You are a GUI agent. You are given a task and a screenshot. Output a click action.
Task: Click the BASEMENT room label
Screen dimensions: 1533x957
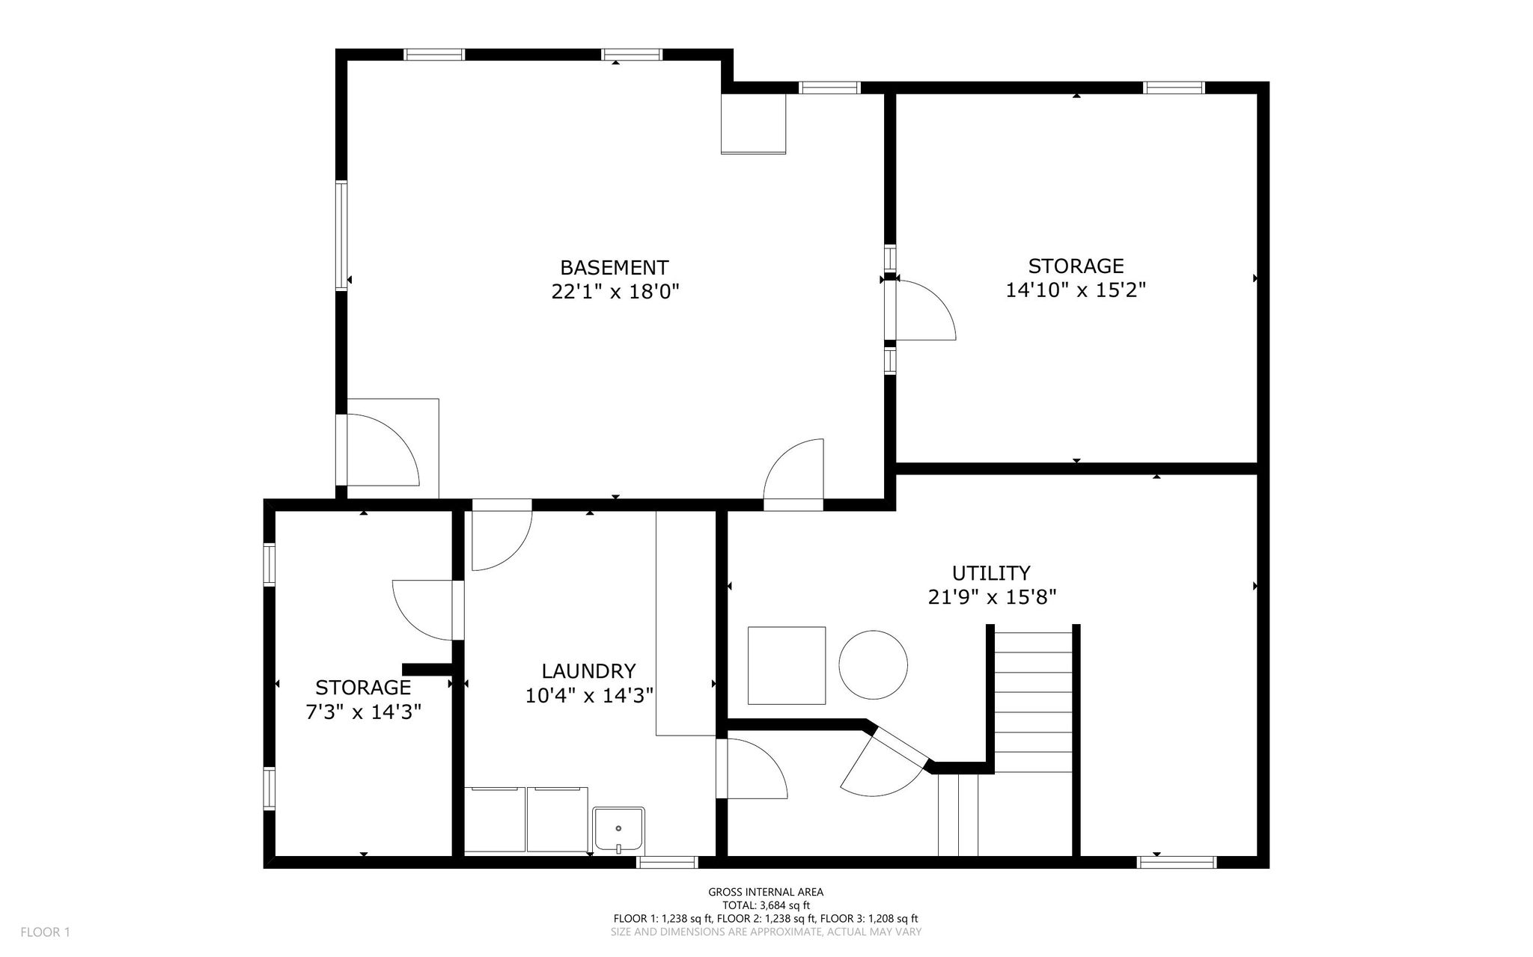coord(614,267)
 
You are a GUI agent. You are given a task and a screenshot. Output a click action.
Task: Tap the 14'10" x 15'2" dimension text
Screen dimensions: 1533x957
coord(1076,290)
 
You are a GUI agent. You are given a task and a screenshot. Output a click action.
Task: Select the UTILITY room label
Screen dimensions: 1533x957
coord(991,573)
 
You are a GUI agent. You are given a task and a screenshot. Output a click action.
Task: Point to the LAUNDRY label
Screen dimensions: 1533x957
coord(588,670)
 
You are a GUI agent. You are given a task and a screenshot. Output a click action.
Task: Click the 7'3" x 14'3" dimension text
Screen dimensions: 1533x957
coord(363,712)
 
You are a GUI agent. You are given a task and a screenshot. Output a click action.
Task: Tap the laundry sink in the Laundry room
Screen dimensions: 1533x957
coord(618,829)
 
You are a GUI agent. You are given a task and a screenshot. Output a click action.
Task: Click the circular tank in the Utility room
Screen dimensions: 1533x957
coord(873,664)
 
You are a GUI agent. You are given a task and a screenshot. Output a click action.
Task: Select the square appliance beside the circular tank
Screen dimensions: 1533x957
coord(787,665)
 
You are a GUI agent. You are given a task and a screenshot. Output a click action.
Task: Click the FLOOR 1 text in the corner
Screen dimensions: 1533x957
coord(45,932)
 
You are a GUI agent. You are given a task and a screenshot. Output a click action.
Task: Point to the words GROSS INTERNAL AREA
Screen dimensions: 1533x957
coord(766,892)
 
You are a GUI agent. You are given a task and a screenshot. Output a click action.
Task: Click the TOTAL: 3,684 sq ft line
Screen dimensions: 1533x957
coord(766,905)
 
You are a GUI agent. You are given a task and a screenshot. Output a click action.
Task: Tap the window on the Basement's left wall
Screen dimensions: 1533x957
coord(341,235)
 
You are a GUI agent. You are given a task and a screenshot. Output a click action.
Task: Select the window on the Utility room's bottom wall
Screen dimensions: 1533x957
coord(1177,863)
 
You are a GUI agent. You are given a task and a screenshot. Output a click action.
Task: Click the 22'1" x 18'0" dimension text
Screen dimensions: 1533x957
coord(615,291)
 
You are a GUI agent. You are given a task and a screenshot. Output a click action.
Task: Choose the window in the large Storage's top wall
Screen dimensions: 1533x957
coord(1174,88)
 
